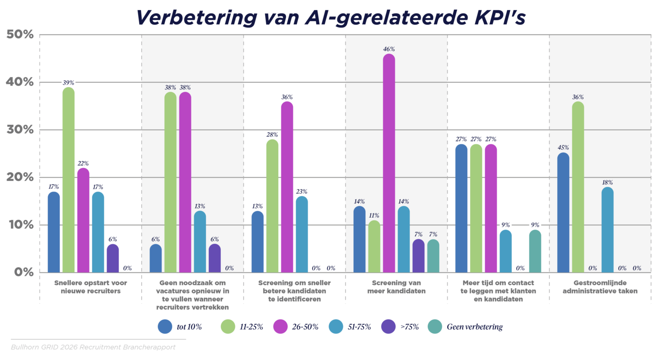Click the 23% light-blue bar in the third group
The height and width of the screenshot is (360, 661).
(302, 235)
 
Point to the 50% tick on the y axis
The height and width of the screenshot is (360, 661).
(19, 34)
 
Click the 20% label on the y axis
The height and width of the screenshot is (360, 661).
(19, 177)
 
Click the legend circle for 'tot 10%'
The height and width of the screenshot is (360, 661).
(165, 327)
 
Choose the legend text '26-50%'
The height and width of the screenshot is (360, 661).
(306, 327)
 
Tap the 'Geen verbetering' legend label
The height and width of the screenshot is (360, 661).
(475, 327)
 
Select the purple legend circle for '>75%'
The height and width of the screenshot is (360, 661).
(388, 327)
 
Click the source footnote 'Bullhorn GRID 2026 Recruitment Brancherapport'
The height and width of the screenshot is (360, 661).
(93, 347)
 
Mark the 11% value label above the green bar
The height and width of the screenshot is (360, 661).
(375, 215)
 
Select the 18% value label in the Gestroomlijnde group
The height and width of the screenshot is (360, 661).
(607, 182)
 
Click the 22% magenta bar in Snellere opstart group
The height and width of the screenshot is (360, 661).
(83, 220)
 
